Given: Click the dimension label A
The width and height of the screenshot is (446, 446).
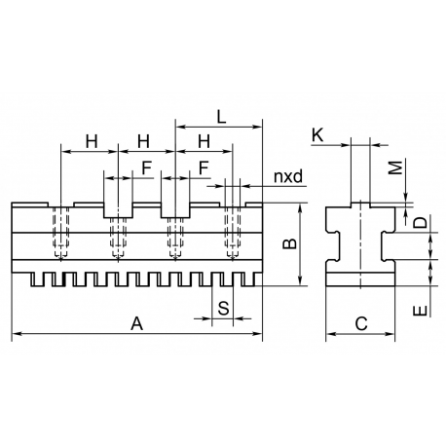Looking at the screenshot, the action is (x=136, y=323).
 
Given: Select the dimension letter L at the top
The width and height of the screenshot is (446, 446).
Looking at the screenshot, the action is (x=221, y=117).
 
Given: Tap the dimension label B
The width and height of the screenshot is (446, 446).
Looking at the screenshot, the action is (x=289, y=243).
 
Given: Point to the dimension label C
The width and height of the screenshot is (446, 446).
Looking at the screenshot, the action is (x=361, y=323).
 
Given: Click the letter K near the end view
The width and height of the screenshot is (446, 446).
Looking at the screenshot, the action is (x=317, y=135).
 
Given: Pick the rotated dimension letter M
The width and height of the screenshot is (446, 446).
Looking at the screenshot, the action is (x=395, y=167).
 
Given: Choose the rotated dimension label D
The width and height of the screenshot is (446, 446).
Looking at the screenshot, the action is (x=421, y=223).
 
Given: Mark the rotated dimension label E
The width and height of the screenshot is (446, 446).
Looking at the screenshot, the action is (x=421, y=311).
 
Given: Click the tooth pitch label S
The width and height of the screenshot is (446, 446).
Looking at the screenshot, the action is (x=223, y=308).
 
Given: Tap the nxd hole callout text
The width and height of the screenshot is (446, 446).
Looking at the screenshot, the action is (x=288, y=176).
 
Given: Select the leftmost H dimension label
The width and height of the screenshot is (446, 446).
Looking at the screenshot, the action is (x=92, y=141).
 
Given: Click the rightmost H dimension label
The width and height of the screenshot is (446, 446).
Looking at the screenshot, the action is (x=204, y=141).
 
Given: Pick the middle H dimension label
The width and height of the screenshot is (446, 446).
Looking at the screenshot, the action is (x=143, y=141).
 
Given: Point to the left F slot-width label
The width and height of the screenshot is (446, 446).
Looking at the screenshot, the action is (x=147, y=168).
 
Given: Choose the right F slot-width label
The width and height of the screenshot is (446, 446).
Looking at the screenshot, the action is (x=204, y=168).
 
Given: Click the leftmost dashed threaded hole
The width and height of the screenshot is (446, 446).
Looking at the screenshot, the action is (x=61, y=233).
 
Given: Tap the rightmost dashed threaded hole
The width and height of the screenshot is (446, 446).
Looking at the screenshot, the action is (x=233, y=233).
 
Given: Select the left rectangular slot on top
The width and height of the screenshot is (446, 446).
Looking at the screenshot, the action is (x=118, y=210).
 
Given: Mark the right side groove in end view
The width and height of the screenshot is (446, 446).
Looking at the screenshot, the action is (x=389, y=245).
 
